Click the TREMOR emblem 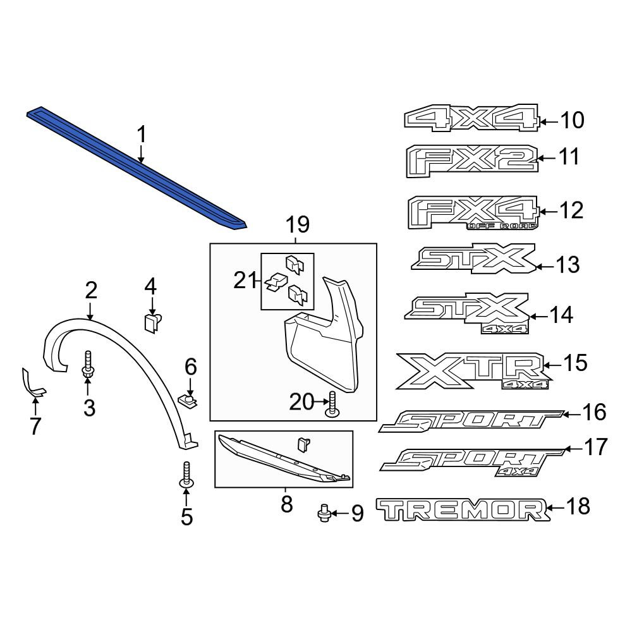tap(463, 509)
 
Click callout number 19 tap(298, 224)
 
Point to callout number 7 tap(35, 426)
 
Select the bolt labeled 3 tap(88, 365)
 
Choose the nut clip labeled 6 tap(188, 401)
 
